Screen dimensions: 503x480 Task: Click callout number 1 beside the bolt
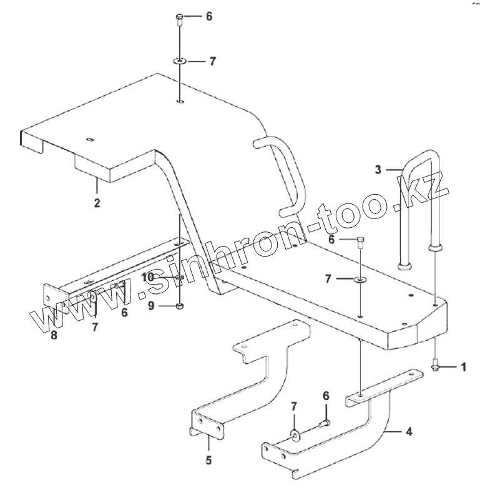pos(463,367)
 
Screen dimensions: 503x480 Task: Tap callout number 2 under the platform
pos(97,203)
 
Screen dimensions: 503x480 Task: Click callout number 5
pos(208,461)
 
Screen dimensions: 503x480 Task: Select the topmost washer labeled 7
pos(179,61)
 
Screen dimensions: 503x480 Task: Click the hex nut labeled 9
pos(179,306)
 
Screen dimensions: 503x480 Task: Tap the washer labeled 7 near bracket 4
pos(294,434)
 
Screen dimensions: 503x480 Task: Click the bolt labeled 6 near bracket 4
pos(324,424)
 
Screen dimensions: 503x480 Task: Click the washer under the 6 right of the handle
pos(361,279)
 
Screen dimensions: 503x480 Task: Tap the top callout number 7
pos(212,61)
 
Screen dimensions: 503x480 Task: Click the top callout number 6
pos(208,17)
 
